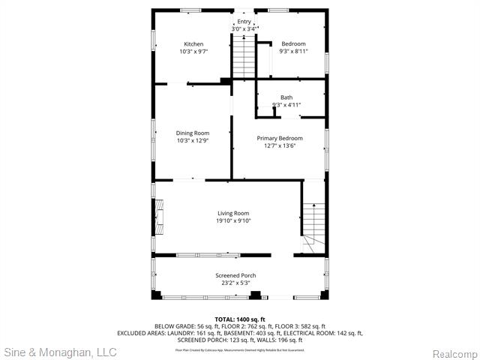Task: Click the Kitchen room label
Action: point(193,44)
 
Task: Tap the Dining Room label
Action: point(193,133)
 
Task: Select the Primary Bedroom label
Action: point(280,138)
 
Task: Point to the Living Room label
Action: point(233,213)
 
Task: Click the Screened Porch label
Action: point(235,275)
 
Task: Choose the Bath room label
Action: point(286,97)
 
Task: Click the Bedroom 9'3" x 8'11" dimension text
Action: point(293,51)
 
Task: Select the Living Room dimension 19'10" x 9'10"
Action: point(233,220)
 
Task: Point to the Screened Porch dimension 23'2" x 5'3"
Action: point(235,283)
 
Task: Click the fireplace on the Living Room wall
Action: point(159,217)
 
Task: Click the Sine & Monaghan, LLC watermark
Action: point(60,351)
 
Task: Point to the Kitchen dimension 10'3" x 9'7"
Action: point(193,52)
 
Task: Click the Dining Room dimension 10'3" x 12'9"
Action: point(193,140)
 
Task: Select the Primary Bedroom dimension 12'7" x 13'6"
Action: point(280,145)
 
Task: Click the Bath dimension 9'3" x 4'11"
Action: point(286,105)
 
